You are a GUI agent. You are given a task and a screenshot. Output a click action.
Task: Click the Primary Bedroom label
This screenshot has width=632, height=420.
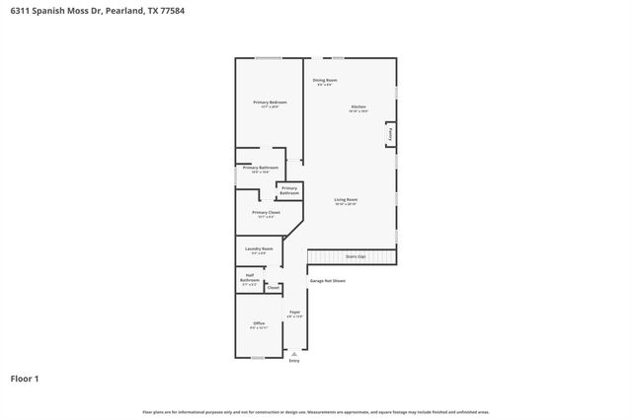click(x=269, y=102)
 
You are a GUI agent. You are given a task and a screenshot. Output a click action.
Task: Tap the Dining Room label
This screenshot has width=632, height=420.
click(x=325, y=80)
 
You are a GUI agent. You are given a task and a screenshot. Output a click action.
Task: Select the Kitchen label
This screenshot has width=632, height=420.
click(x=357, y=106)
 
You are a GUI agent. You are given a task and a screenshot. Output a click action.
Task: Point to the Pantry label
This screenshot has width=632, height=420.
click(x=391, y=134)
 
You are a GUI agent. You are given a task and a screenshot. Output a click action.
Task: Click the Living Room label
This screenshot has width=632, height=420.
click(x=345, y=200)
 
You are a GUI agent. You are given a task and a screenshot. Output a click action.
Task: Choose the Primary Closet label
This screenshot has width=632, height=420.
click(x=267, y=212)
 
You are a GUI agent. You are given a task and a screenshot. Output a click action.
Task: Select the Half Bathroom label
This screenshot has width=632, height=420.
click(x=250, y=278)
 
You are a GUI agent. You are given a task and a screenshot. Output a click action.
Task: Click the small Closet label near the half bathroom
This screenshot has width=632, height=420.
click(x=274, y=288)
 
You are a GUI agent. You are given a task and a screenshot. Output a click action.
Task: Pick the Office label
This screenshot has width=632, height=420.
click(x=259, y=323)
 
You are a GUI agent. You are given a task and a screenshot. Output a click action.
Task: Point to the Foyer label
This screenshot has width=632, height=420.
click(x=294, y=313)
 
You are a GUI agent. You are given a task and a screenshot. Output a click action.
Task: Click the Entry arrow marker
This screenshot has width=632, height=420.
click(x=294, y=353)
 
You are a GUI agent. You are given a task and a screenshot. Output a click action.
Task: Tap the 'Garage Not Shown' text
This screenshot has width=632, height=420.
click(x=328, y=280)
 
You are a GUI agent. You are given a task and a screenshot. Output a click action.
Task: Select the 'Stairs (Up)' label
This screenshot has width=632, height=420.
click(x=355, y=256)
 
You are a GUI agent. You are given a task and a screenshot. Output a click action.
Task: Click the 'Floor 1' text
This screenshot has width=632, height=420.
click(x=25, y=378)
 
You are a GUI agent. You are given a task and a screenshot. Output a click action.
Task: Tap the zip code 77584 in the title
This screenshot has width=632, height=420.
click(x=171, y=10)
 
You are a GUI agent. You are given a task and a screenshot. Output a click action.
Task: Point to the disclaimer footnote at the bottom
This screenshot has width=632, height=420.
click(x=315, y=411)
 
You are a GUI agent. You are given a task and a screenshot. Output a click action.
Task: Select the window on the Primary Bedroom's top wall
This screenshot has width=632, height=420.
click(x=269, y=58)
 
